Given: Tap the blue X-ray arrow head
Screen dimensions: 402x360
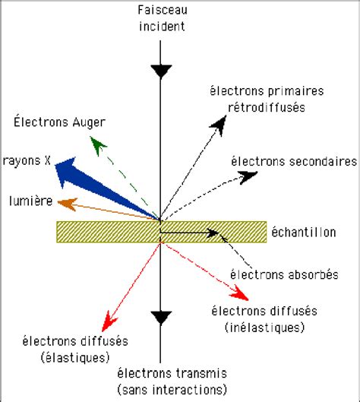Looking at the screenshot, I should (68, 168).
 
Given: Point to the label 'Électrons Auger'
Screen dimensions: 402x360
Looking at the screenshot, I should (58, 121).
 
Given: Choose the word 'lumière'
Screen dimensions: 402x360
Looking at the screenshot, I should (30, 201).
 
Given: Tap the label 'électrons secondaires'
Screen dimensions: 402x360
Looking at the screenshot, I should (293, 161).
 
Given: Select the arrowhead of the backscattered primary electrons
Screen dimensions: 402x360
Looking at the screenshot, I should (222, 122).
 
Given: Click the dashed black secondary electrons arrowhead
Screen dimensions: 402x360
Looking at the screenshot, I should (248, 176).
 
